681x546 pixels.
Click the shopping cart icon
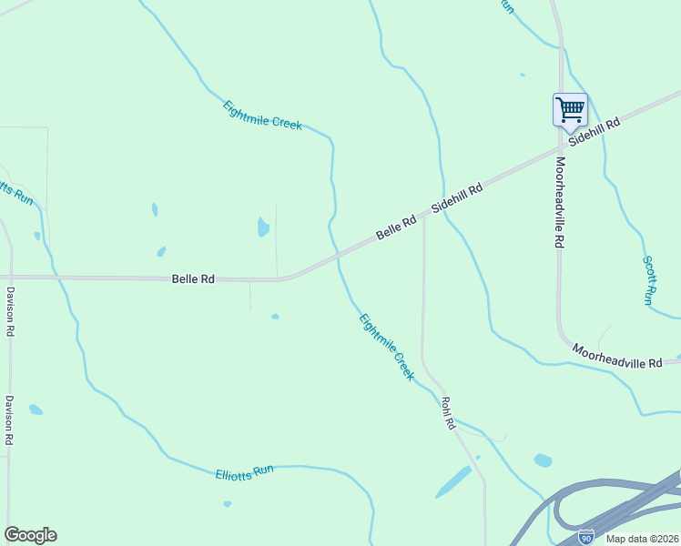coord(570,110)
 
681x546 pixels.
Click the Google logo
coord(30,535)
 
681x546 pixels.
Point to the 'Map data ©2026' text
coord(642,539)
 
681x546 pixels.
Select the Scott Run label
coord(649,279)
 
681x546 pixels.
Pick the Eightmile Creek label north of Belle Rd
coord(262,115)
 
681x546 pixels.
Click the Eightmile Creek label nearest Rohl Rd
coord(387,347)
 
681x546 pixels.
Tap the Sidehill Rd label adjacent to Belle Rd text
coord(456,196)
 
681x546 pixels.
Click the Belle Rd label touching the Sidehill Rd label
coord(396,227)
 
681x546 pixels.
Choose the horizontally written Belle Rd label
coord(193,279)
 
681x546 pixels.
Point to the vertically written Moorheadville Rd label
coord(560,202)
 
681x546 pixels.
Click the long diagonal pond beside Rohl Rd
coord(452,482)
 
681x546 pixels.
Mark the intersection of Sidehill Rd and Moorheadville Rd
coord(560,147)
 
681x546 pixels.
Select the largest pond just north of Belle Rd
coord(263,227)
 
